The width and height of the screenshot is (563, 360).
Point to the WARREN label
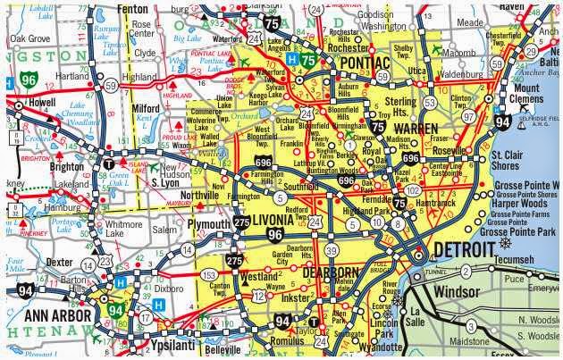point(417,130)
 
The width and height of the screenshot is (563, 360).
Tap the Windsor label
point(458,292)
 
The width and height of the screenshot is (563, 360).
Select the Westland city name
point(259,277)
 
